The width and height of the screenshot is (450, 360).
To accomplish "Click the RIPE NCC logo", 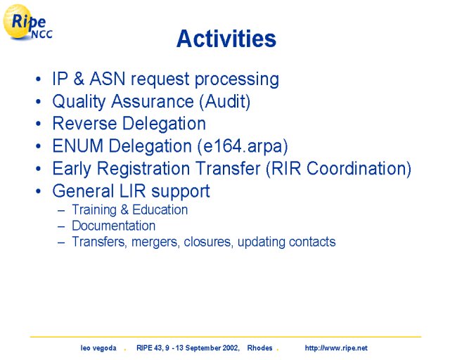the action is (x=27, y=22).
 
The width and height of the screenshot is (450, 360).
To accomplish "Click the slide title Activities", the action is (x=226, y=39).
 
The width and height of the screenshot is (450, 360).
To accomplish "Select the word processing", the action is (x=237, y=79).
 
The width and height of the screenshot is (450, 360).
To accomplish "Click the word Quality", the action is (x=79, y=102).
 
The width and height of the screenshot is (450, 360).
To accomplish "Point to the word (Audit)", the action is (x=225, y=101).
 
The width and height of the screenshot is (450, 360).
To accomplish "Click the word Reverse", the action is (x=84, y=124).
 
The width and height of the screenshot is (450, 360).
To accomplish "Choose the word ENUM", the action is (x=78, y=146).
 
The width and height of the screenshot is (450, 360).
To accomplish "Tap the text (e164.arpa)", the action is (x=243, y=146).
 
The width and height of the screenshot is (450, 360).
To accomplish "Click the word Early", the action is (x=72, y=169).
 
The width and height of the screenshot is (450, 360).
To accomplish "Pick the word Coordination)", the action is (x=359, y=168).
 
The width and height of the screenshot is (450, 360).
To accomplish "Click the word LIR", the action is (x=133, y=191).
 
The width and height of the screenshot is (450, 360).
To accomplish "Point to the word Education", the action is (x=160, y=210).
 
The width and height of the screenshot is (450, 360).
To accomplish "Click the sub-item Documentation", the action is (x=114, y=226).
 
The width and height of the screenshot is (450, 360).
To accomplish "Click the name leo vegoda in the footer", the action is (x=98, y=348).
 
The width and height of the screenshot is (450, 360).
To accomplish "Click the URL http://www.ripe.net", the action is (x=336, y=348).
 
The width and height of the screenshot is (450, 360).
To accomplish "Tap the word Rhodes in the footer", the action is (x=259, y=348).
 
